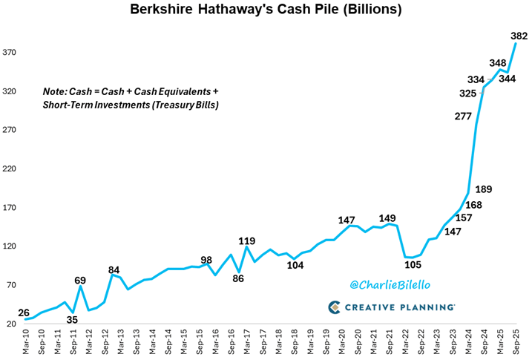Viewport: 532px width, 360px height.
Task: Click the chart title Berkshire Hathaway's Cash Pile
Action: pos(266,10)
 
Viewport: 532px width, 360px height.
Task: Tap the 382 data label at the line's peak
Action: pos(519,35)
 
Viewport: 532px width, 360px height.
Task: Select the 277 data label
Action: pos(462,116)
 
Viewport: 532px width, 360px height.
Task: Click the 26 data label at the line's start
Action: pos(24,313)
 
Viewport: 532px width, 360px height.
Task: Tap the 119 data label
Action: pos(248,240)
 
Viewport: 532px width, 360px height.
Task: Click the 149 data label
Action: pos(387,217)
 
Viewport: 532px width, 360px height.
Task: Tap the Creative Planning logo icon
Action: pos(335,307)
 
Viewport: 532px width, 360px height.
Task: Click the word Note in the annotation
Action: pos(54,91)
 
